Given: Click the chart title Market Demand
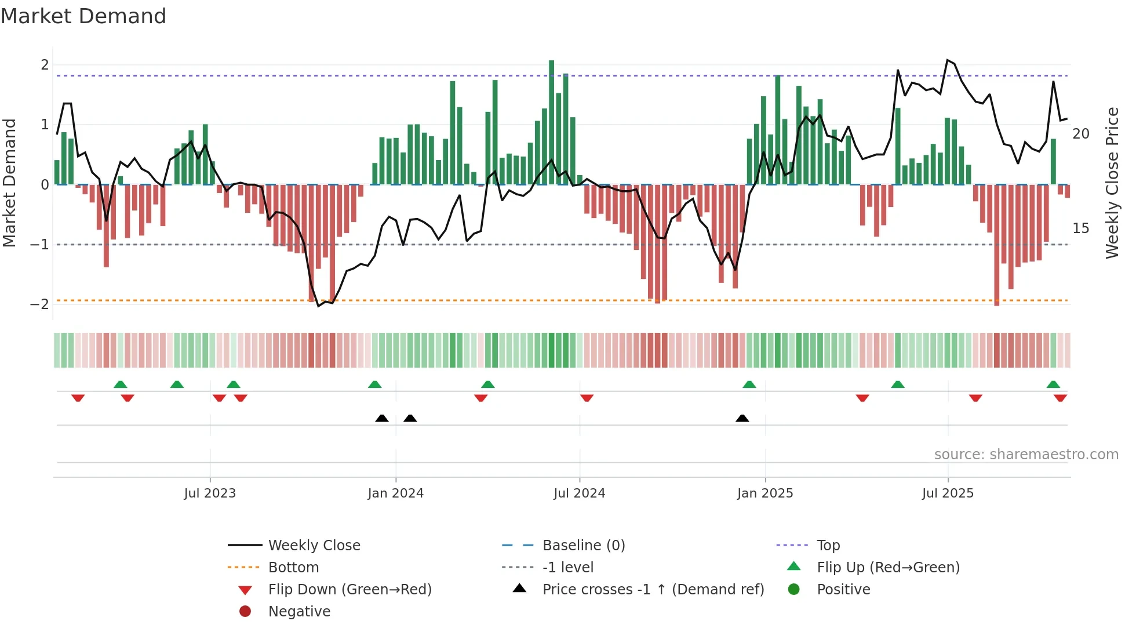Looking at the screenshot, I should pyautogui.click(x=83, y=16).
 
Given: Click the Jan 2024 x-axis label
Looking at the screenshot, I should pyautogui.click(x=395, y=493).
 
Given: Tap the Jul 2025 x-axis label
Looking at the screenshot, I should pyautogui.click(x=948, y=493).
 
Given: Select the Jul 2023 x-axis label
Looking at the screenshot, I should pyautogui.click(x=210, y=493).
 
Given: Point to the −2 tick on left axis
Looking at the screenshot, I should pyautogui.click(x=40, y=304).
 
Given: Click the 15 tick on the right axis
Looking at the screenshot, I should pyautogui.click(x=1080, y=228).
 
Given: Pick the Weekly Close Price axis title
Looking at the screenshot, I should pyautogui.click(x=1112, y=183).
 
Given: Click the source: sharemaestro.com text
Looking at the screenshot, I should pyautogui.click(x=1026, y=455).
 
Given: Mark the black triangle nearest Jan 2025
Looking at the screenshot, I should pyautogui.click(x=742, y=418).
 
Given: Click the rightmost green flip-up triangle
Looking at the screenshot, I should pyautogui.click(x=1053, y=384).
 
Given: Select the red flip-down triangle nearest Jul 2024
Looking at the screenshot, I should pyautogui.click(x=587, y=398).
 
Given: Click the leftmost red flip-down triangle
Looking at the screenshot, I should pyautogui.click(x=78, y=398).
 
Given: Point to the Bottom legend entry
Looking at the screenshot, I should pyautogui.click(x=293, y=568).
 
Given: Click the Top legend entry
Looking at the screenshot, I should pyautogui.click(x=828, y=546).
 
